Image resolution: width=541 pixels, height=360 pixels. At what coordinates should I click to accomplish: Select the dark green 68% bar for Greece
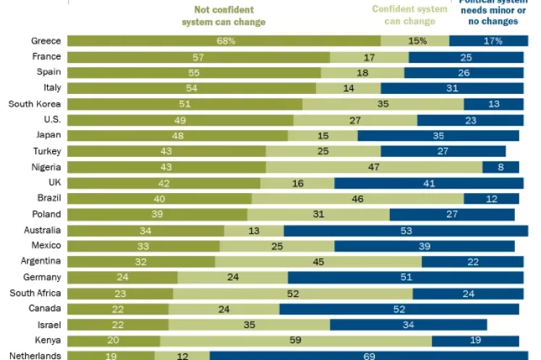pyautogui.click(x=224, y=41)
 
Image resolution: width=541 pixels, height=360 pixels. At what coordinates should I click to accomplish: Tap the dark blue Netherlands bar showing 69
pyautogui.click(x=369, y=355)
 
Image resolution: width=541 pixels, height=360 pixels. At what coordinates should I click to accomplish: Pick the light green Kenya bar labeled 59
pyautogui.click(x=296, y=340)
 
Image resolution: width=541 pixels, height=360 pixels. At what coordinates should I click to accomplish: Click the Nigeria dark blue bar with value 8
pyautogui.click(x=501, y=167)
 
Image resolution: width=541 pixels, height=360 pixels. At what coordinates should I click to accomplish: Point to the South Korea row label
pyautogui.click(x=34, y=104)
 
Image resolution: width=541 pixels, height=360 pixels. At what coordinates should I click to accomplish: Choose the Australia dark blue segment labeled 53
pyautogui.click(x=406, y=231)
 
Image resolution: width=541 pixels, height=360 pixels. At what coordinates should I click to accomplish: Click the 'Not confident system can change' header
pyautogui.click(x=223, y=16)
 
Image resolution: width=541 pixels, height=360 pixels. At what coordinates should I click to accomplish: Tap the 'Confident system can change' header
pyautogui.click(x=410, y=15)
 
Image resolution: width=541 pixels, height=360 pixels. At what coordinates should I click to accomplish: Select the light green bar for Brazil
pyautogui.click(x=357, y=199)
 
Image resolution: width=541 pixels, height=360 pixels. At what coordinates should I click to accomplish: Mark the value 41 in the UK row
pyautogui.click(x=429, y=184)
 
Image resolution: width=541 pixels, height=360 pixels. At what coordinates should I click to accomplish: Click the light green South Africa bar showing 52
pyautogui.click(x=293, y=293)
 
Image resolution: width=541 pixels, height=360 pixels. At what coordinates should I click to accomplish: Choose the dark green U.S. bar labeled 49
pyautogui.click(x=181, y=120)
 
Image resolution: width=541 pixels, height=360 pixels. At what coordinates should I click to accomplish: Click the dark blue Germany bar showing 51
pyautogui.click(x=406, y=278)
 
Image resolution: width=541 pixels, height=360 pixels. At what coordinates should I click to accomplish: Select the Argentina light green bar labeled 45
pyautogui.click(x=318, y=262)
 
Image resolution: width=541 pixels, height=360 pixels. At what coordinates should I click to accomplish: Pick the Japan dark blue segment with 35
pyautogui.click(x=438, y=136)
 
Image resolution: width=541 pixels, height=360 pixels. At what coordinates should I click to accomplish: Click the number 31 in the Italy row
pyautogui.click(x=452, y=88)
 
